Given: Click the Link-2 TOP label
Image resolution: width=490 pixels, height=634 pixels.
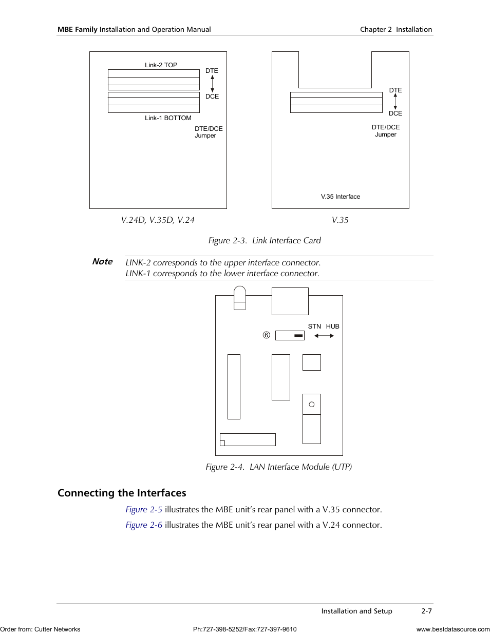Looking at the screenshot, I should pos(161,65).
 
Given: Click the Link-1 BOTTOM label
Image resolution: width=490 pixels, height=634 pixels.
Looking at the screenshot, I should pos(168,118).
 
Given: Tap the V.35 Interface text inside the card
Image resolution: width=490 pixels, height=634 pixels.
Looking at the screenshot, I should pos(340,197).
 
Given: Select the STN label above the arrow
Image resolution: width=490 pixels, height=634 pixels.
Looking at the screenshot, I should pos(314,326).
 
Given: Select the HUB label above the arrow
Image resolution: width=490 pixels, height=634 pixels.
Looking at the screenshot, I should pos(332,326).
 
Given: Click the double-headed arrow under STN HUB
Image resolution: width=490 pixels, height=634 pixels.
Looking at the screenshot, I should pos(324,336).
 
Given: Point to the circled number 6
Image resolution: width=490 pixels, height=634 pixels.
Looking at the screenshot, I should pos(266,335).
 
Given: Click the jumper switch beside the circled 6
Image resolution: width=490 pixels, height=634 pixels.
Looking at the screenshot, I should pos(290,335).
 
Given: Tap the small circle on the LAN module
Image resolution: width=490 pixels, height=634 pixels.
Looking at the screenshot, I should pos(311,405).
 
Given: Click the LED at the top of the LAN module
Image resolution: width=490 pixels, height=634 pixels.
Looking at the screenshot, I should pos(239,298).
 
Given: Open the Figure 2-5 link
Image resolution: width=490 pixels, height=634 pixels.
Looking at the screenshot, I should pos(144,510).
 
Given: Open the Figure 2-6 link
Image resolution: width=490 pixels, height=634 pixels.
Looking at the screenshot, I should pos(144,525).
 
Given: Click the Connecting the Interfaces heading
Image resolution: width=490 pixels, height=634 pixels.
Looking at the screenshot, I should pos(122,493).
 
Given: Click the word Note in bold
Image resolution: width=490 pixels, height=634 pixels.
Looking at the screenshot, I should pos(102,261).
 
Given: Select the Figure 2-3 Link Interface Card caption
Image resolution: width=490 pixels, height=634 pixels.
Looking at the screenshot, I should pos(264,241).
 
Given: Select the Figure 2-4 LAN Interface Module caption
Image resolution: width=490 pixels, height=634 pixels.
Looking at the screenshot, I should pos(278,467).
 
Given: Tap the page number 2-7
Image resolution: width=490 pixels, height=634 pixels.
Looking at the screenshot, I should pos(426,611).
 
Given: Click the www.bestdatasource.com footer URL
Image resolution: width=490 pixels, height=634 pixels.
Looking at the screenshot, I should pos(453,629).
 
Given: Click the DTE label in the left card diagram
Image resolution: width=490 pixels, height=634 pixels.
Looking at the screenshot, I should pos(212,71).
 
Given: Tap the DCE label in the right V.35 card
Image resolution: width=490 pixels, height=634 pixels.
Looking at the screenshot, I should pos(395,113).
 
